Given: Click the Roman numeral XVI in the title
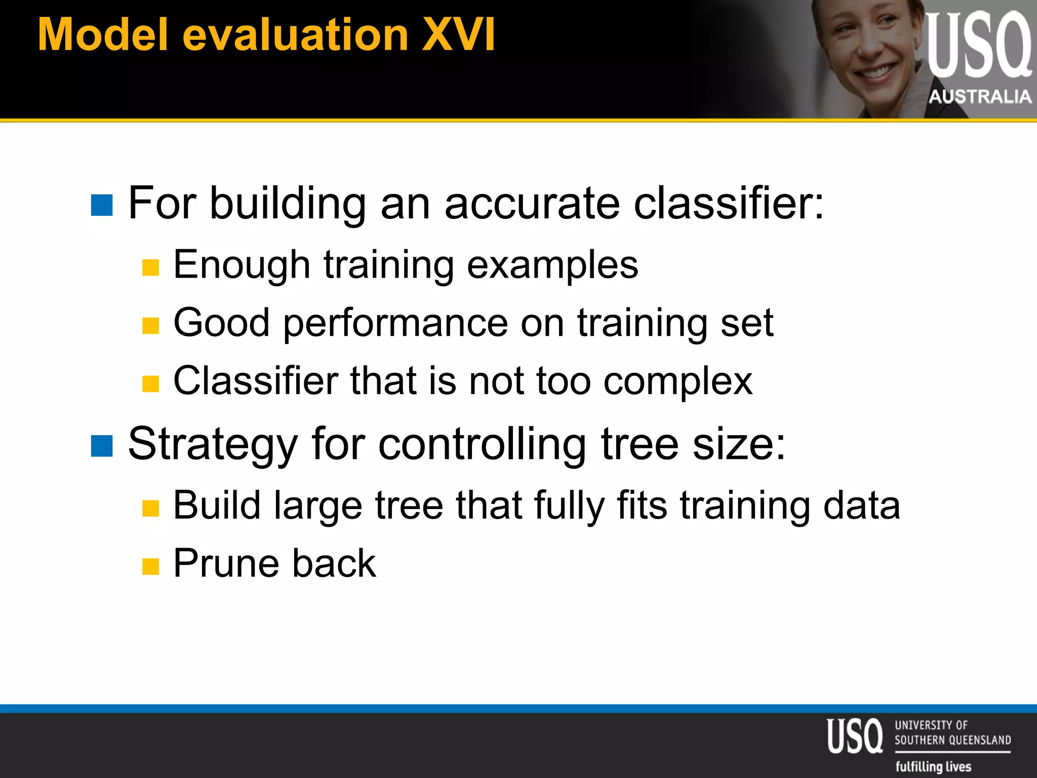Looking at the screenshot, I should [458, 34].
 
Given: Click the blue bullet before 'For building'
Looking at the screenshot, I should [102, 205].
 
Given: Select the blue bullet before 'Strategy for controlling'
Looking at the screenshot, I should [102, 446].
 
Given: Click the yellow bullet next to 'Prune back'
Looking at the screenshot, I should [150, 566].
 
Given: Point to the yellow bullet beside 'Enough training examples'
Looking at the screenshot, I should [150, 267].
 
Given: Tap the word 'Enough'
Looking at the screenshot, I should [242, 264].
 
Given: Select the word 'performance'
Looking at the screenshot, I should [395, 323].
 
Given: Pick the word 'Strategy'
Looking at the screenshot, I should [213, 444].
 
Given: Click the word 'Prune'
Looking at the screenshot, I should [226, 563].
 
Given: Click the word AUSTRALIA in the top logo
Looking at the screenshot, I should [980, 96].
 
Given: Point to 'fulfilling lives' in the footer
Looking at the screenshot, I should [933, 766].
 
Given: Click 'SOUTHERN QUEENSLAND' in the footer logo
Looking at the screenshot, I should [952, 740].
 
